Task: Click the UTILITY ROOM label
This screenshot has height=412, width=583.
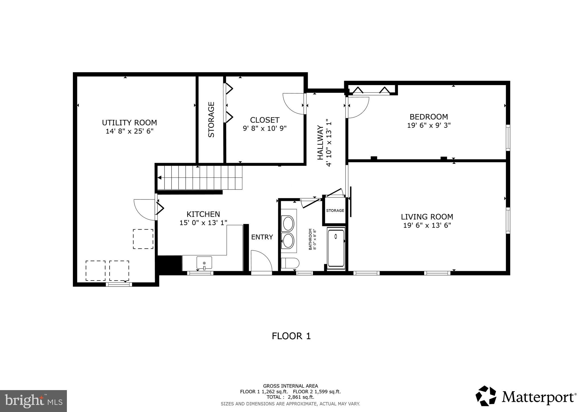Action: (x=129, y=123)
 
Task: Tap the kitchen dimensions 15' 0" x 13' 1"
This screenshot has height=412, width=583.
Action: (x=203, y=223)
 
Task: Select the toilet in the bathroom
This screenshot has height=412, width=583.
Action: (x=290, y=263)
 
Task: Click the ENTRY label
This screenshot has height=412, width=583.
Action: (x=262, y=237)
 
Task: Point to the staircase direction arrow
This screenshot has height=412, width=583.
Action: (x=160, y=178)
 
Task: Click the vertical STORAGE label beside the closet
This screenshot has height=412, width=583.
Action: (x=211, y=120)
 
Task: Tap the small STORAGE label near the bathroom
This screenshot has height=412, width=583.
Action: (x=335, y=211)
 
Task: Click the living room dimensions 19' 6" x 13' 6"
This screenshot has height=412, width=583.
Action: (x=427, y=226)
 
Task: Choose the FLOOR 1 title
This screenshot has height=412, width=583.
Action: (x=291, y=336)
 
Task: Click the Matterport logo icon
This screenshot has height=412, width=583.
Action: (x=486, y=396)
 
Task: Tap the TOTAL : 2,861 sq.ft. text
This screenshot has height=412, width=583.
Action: (x=290, y=397)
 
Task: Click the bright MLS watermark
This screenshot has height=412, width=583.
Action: (x=33, y=401)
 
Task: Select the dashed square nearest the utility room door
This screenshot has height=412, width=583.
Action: (x=143, y=239)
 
